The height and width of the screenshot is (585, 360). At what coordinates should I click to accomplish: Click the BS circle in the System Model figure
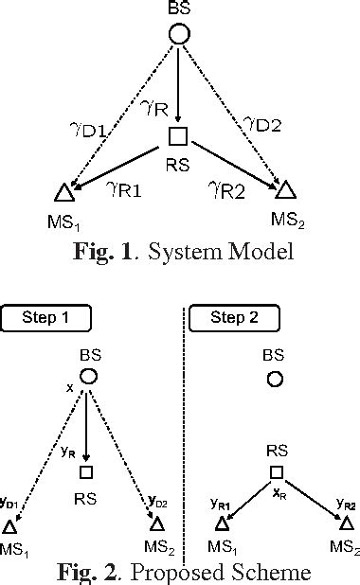coord(179,36)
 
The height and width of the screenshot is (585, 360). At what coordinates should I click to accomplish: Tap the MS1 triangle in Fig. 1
coord(63,193)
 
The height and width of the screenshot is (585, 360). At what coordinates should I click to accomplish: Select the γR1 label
coord(123,192)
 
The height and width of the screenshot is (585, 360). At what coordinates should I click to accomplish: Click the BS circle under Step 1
coord(86,377)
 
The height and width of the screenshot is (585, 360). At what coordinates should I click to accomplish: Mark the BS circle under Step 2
coord(275,380)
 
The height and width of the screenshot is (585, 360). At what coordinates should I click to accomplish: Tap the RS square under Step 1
coord(86,471)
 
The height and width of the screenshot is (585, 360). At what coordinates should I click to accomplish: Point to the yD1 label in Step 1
coord(11,502)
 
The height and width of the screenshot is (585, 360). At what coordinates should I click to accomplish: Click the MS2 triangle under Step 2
coord(347,523)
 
